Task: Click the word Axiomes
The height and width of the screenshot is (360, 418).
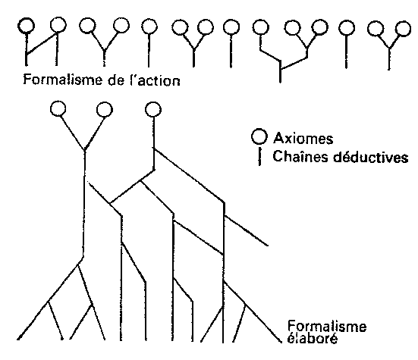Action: [303, 139]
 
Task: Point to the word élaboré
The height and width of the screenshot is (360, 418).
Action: [312, 339]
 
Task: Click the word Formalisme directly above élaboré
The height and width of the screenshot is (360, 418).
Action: [327, 327]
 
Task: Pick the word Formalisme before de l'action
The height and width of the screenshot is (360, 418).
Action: [63, 80]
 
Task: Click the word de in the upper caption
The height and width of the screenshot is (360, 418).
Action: [116, 80]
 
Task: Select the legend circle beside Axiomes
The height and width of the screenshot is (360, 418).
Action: [259, 136]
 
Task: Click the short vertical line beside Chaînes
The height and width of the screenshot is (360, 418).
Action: [259, 157]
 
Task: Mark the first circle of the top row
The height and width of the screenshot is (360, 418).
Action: [26, 26]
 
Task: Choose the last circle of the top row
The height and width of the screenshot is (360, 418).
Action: [403, 29]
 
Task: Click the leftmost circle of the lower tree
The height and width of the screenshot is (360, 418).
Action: [58, 108]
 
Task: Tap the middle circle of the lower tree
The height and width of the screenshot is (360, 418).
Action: [105, 110]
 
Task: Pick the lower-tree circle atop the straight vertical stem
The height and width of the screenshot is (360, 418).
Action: [153, 110]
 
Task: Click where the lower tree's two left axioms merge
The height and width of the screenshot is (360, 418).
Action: [84, 151]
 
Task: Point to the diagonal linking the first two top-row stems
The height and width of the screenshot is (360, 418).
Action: [41, 44]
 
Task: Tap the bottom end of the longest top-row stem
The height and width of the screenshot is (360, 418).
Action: [280, 83]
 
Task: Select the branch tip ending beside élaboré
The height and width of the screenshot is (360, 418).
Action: [281, 342]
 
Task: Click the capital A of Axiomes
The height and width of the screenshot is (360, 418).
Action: [278, 138]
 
